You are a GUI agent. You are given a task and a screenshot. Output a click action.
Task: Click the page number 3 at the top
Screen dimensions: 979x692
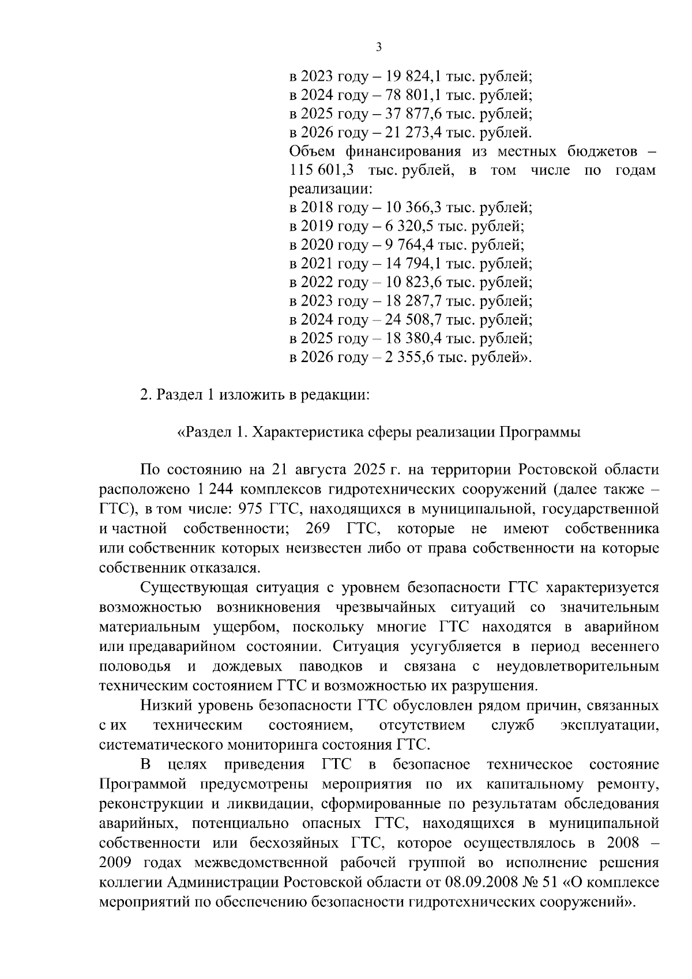click(x=378, y=47)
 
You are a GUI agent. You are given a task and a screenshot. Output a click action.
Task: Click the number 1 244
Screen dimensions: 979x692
click(x=214, y=489)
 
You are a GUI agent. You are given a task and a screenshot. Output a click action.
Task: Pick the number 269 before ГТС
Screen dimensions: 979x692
click(x=318, y=529)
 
